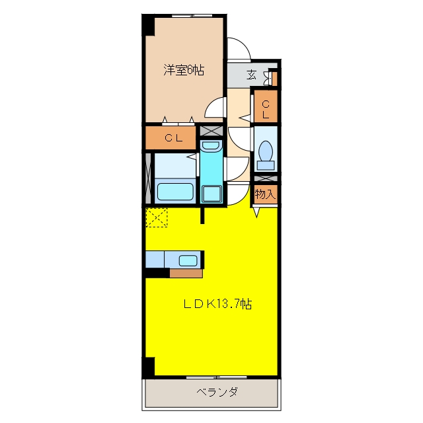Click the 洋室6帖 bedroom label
pos(184,70)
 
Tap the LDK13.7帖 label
pos(217,304)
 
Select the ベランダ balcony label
pos(217,392)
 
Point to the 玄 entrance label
pos(251,75)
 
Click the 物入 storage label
pos(266,194)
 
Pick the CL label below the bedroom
pos(174,138)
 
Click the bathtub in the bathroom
pos(175,192)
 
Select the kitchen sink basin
pos(188,260)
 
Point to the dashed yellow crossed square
pos(157,217)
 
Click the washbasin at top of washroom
pos(211,145)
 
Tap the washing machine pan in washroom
pos(211,194)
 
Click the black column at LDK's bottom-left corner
pos(149,367)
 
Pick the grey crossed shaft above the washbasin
pos(211,131)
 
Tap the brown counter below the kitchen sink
pos(186,273)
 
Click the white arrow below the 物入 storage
pos(256,212)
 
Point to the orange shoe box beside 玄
pos(275,78)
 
